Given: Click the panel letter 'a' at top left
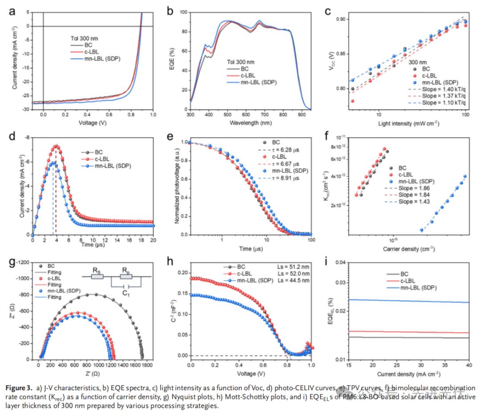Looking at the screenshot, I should (x=12, y=12).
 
